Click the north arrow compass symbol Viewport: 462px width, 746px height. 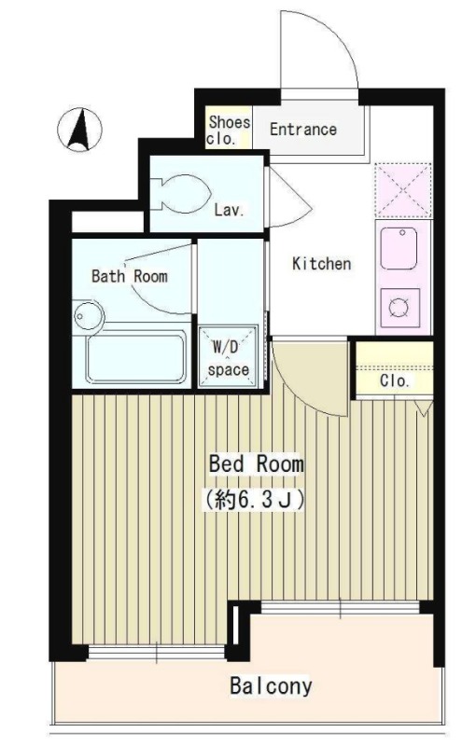[x=79, y=130]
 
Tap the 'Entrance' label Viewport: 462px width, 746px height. [x=303, y=129]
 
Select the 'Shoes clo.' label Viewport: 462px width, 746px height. [x=229, y=131]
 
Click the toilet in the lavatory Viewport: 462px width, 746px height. [x=181, y=194]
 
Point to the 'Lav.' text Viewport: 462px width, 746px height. [x=229, y=210]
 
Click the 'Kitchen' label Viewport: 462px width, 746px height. [x=321, y=264]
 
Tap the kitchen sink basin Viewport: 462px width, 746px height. [x=399, y=248]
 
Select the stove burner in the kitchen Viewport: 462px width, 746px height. [x=399, y=308]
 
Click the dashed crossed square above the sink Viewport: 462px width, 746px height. [x=403, y=190]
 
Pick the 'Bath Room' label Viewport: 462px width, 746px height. [x=130, y=276]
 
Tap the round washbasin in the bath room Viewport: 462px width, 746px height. [x=88, y=316]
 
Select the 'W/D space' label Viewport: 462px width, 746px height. [x=228, y=358]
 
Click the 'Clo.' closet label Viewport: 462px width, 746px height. [x=395, y=380]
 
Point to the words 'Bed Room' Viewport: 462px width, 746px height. [x=257, y=463]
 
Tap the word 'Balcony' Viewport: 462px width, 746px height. [x=271, y=686]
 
